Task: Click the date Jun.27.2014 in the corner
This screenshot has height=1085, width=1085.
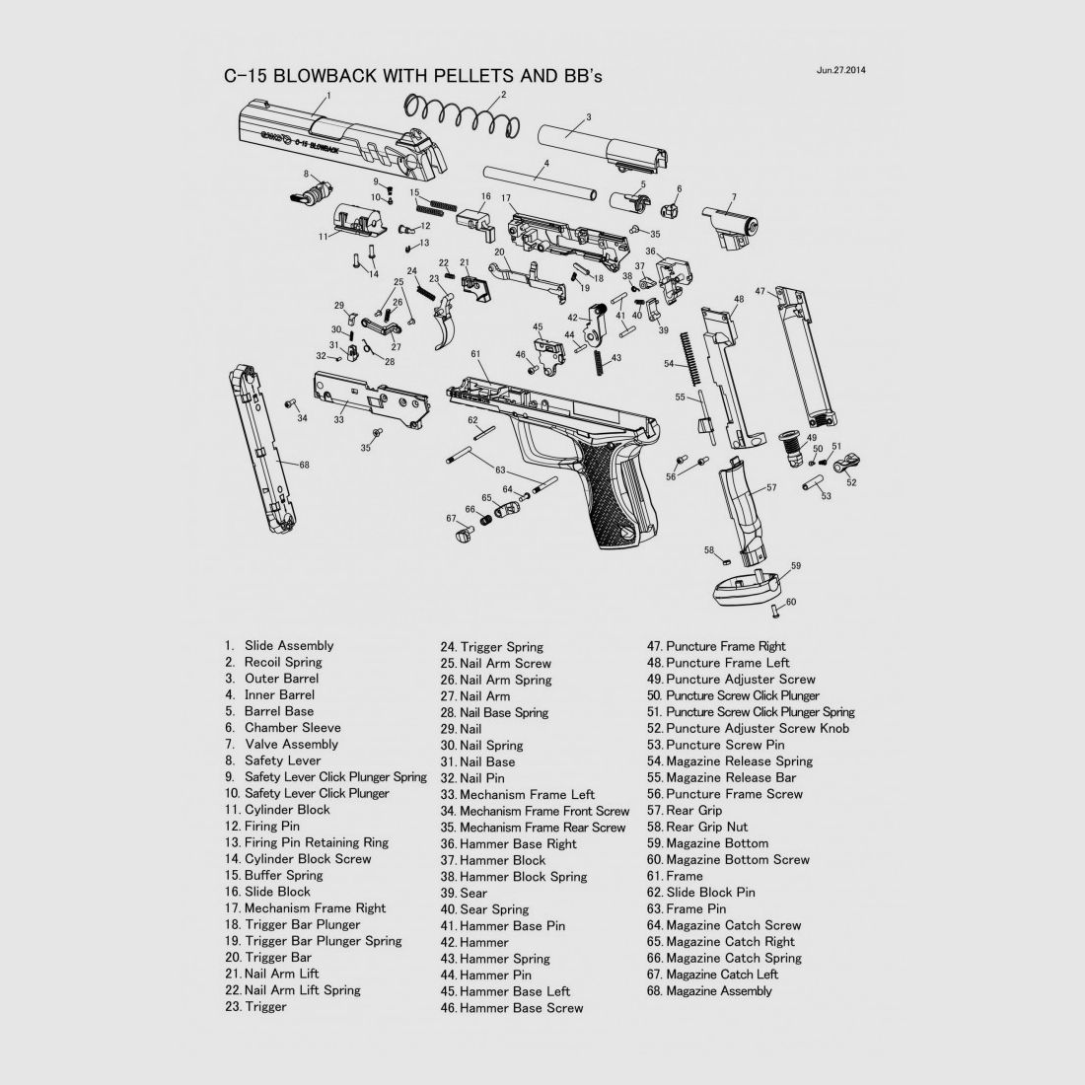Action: (840, 70)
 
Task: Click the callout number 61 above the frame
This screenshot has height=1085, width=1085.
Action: (475, 354)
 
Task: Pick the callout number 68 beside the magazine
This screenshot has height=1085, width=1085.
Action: (304, 465)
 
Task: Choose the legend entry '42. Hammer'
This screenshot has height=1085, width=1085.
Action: (474, 942)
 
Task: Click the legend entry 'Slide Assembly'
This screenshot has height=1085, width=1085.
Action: (289, 646)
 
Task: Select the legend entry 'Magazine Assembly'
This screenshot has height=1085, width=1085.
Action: (718, 991)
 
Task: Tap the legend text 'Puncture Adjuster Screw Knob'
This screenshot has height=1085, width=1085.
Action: (757, 728)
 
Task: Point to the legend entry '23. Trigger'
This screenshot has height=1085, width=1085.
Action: (255, 1007)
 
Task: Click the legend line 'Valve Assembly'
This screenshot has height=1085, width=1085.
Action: (291, 745)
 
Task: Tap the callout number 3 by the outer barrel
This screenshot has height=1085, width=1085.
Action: (589, 117)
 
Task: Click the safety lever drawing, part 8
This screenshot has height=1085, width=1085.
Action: (313, 192)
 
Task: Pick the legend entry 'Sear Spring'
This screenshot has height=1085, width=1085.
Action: (494, 910)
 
